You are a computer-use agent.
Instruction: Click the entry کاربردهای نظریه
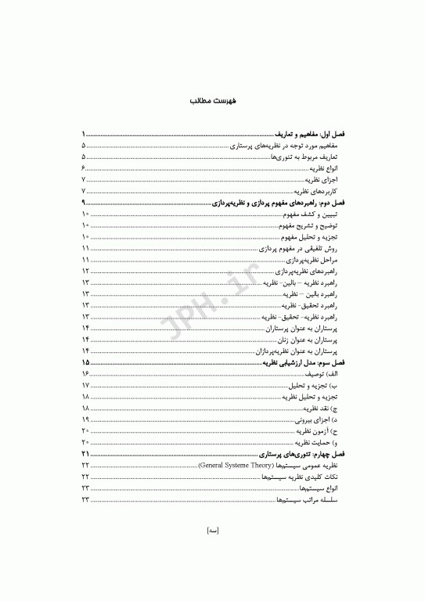pyautogui.click(x=317, y=191)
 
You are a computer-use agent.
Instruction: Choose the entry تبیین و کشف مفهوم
pyautogui.click(x=317, y=214)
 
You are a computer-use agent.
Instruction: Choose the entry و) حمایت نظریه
pyautogui.click(x=317, y=443)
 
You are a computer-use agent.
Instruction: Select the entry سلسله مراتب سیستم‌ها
pyautogui.click(x=307, y=500)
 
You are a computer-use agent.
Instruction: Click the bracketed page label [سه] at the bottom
pyautogui.click(x=212, y=552)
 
